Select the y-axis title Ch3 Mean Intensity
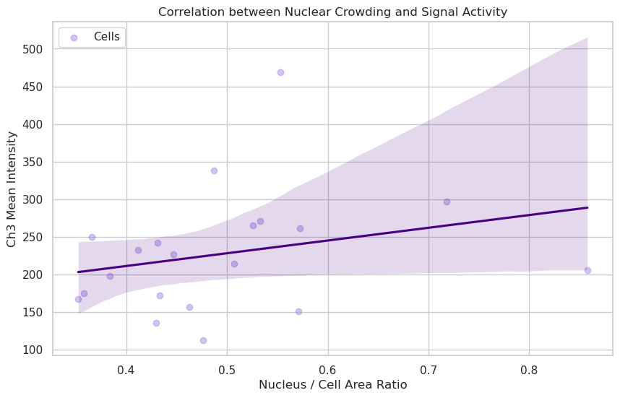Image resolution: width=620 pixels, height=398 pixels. click(x=12, y=189)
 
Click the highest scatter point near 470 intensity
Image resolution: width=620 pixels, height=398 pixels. click(x=280, y=72)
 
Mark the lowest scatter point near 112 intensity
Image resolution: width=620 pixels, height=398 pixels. click(x=203, y=340)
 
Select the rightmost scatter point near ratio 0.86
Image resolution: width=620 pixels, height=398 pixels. click(x=587, y=270)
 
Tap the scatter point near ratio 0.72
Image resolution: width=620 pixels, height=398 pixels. click(x=447, y=202)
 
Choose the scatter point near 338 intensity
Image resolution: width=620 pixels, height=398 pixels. click(x=214, y=170)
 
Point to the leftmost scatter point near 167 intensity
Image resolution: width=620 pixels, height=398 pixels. click(x=78, y=299)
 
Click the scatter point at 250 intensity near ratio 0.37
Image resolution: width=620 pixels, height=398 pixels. click(x=92, y=237)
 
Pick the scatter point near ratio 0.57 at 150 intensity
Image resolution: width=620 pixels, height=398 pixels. click(x=298, y=311)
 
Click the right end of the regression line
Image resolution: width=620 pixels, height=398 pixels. click(x=587, y=207)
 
